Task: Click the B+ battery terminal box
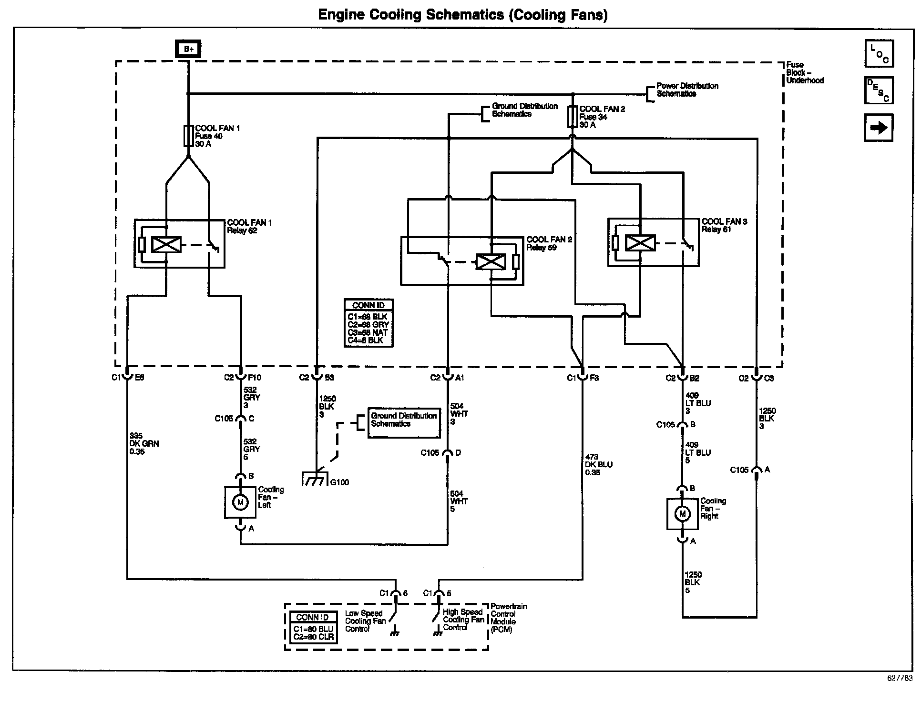[x=188, y=49]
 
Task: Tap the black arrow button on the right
[x=879, y=128]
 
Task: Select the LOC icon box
[x=879, y=53]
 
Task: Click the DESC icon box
[x=879, y=90]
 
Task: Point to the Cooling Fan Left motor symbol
[x=240, y=502]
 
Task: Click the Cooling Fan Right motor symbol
[x=683, y=514]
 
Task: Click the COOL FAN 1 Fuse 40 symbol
[x=188, y=136]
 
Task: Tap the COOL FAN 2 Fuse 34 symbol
[x=573, y=117]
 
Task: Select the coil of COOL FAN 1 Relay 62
[x=166, y=244]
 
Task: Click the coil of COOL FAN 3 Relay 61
[x=640, y=243]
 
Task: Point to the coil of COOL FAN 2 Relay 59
[x=491, y=262]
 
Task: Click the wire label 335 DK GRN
[x=144, y=443]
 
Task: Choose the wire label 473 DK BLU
[x=599, y=465]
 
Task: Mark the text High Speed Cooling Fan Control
[x=463, y=620]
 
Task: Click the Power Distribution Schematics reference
[x=687, y=90]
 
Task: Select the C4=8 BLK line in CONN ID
[x=366, y=340]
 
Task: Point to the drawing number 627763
[x=900, y=679]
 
